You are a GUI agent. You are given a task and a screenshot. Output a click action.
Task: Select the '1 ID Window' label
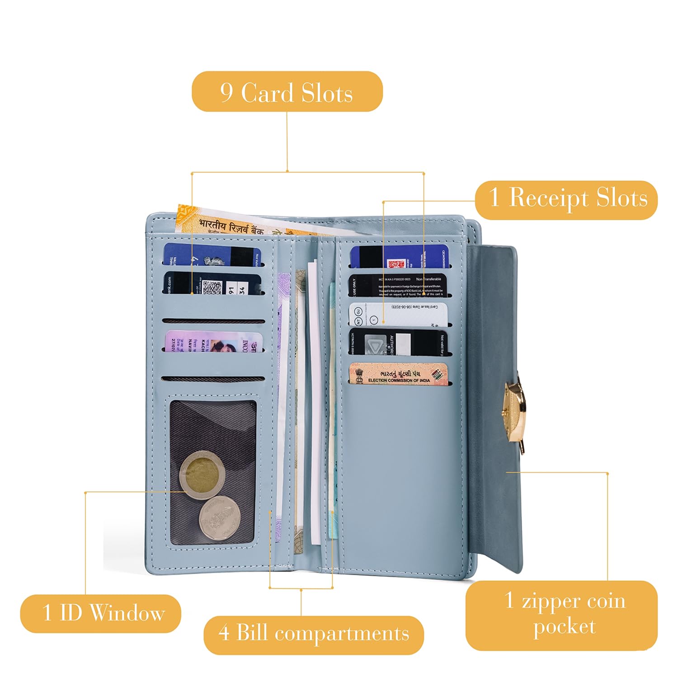click(100, 613)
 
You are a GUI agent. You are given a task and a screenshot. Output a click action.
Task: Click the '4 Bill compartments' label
click(314, 634)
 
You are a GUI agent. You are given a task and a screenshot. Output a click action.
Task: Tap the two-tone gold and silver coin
click(202, 475)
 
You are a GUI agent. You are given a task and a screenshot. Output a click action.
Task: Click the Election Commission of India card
click(398, 375)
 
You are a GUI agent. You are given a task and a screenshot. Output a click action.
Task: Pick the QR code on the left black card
click(212, 287)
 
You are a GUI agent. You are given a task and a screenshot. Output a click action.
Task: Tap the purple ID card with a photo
click(213, 343)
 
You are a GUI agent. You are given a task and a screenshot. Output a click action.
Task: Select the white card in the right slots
click(398, 314)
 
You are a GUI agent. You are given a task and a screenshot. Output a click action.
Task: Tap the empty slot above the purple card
click(213, 321)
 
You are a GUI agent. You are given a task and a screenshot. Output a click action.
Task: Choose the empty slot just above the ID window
click(213, 379)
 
